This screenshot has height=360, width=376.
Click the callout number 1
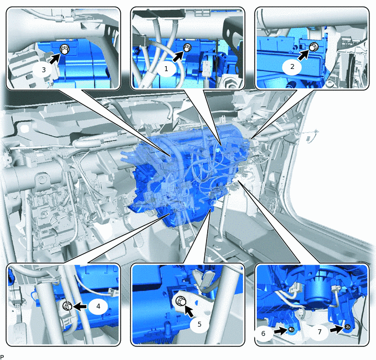(x=166, y=69)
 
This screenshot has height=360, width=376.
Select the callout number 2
(x=292, y=67)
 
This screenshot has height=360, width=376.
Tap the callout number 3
(x=44, y=69)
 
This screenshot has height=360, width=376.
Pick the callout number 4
(x=98, y=306)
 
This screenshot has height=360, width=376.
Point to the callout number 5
(x=199, y=324)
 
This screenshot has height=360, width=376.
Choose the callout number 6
(x=263, y=333)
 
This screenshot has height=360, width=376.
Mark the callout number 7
(x=319, y=332)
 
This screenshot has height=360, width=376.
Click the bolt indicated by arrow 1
(x=187, y=47)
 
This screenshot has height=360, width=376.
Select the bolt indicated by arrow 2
(x=313, y=47)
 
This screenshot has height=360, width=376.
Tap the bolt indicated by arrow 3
(x=64, y=50)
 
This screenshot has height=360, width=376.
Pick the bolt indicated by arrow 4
(x=67, y=306)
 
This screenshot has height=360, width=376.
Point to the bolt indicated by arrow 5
(x=181, y=301)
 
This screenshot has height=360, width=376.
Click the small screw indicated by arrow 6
(x=292, y=329)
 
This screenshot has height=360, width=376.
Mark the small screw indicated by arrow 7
(x=347, y=327)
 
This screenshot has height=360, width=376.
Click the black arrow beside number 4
(x=80, y=306)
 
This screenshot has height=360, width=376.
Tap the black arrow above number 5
(x=189, y=311)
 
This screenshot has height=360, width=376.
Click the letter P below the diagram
(x=2, y=357)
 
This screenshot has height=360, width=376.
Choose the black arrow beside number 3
(x=55, y=59)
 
